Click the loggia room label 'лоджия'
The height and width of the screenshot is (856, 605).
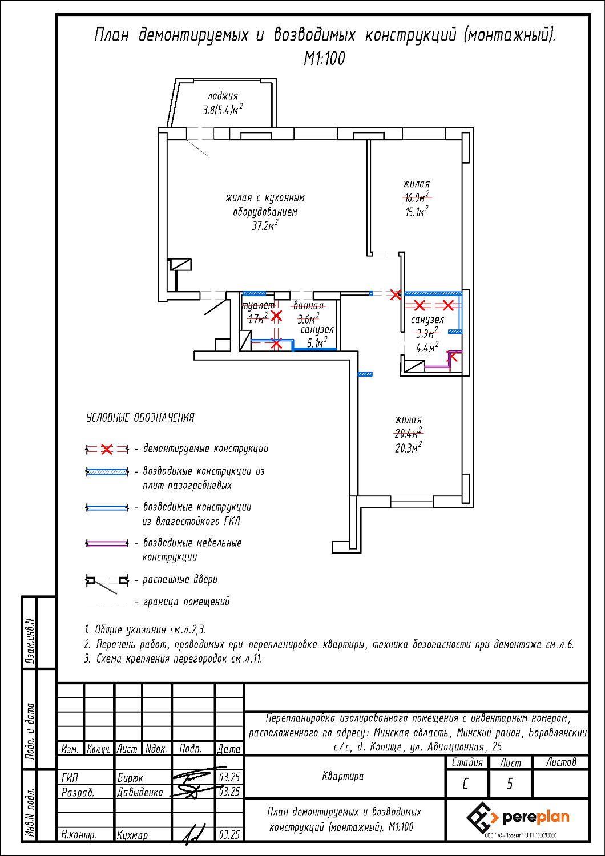[223, 96]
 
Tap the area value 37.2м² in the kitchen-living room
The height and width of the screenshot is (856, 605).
[265, 225]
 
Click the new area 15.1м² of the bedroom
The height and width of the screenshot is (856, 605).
[416, 212]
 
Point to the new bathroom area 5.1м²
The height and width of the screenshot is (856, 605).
[317, 343]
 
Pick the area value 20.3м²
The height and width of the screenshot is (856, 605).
[408, 447]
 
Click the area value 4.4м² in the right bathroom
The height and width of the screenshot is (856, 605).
[427, 348]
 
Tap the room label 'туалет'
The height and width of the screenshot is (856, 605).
[258, 306]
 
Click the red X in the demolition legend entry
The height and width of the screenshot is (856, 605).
[107, 449]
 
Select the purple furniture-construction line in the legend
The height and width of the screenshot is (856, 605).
[107, 543]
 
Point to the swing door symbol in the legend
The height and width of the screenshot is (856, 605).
[107, 582]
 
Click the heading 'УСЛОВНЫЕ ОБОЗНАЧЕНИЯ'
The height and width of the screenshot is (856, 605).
[140, 418]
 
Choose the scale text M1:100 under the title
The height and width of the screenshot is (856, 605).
[324, 58]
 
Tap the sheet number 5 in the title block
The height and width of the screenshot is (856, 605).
[510, 784]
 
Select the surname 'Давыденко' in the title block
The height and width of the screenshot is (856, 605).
[140, 792]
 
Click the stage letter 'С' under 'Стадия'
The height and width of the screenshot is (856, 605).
[466, 784]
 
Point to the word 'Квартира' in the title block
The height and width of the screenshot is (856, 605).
[342, 776]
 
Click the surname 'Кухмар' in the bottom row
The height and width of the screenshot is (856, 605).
[132, 835]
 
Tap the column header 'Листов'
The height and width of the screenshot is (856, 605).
[560, 762]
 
